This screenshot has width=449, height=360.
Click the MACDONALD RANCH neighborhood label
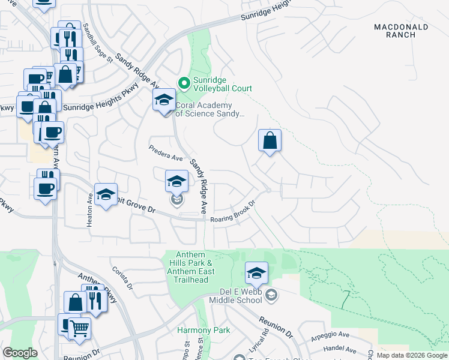pyautogui.click(x=401, y=31)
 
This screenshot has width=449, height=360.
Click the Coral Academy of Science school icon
pyautogui.click(x=163, y=100)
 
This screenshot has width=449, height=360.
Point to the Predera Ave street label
pyautogui.click(x=166, y=154)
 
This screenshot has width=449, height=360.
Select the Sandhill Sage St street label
pyautogui.click(x=98, y=43)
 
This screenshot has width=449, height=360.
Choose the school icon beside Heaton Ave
pyautogui.click(x=106, y=194)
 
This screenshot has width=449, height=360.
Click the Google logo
pyautogui.click(x=20, y=353)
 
